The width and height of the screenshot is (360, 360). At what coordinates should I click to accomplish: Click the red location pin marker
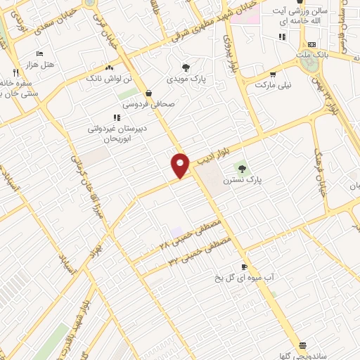(x=181, y=165)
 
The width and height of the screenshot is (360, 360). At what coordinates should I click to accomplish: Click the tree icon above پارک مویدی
(x=186, y=67)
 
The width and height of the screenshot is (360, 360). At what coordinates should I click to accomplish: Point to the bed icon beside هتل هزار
(x=39, y=53)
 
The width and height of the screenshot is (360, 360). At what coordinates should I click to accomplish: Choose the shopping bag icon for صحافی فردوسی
(x=148, y=92)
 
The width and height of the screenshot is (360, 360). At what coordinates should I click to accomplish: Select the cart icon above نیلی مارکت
(x=273, y=73)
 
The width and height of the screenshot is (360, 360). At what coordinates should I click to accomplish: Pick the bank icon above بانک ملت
(x=311, y=45)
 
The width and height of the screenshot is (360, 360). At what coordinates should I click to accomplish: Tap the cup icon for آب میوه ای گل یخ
(x=244, y=266)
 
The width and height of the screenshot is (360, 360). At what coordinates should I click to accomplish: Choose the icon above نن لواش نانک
(x=109, y=67)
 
